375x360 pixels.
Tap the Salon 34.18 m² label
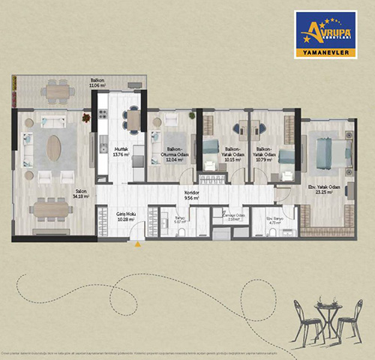point(80,193)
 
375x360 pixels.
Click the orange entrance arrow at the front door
point(136,242)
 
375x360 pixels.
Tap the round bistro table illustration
point(326,308)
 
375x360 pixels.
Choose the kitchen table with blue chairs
point(133,119)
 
